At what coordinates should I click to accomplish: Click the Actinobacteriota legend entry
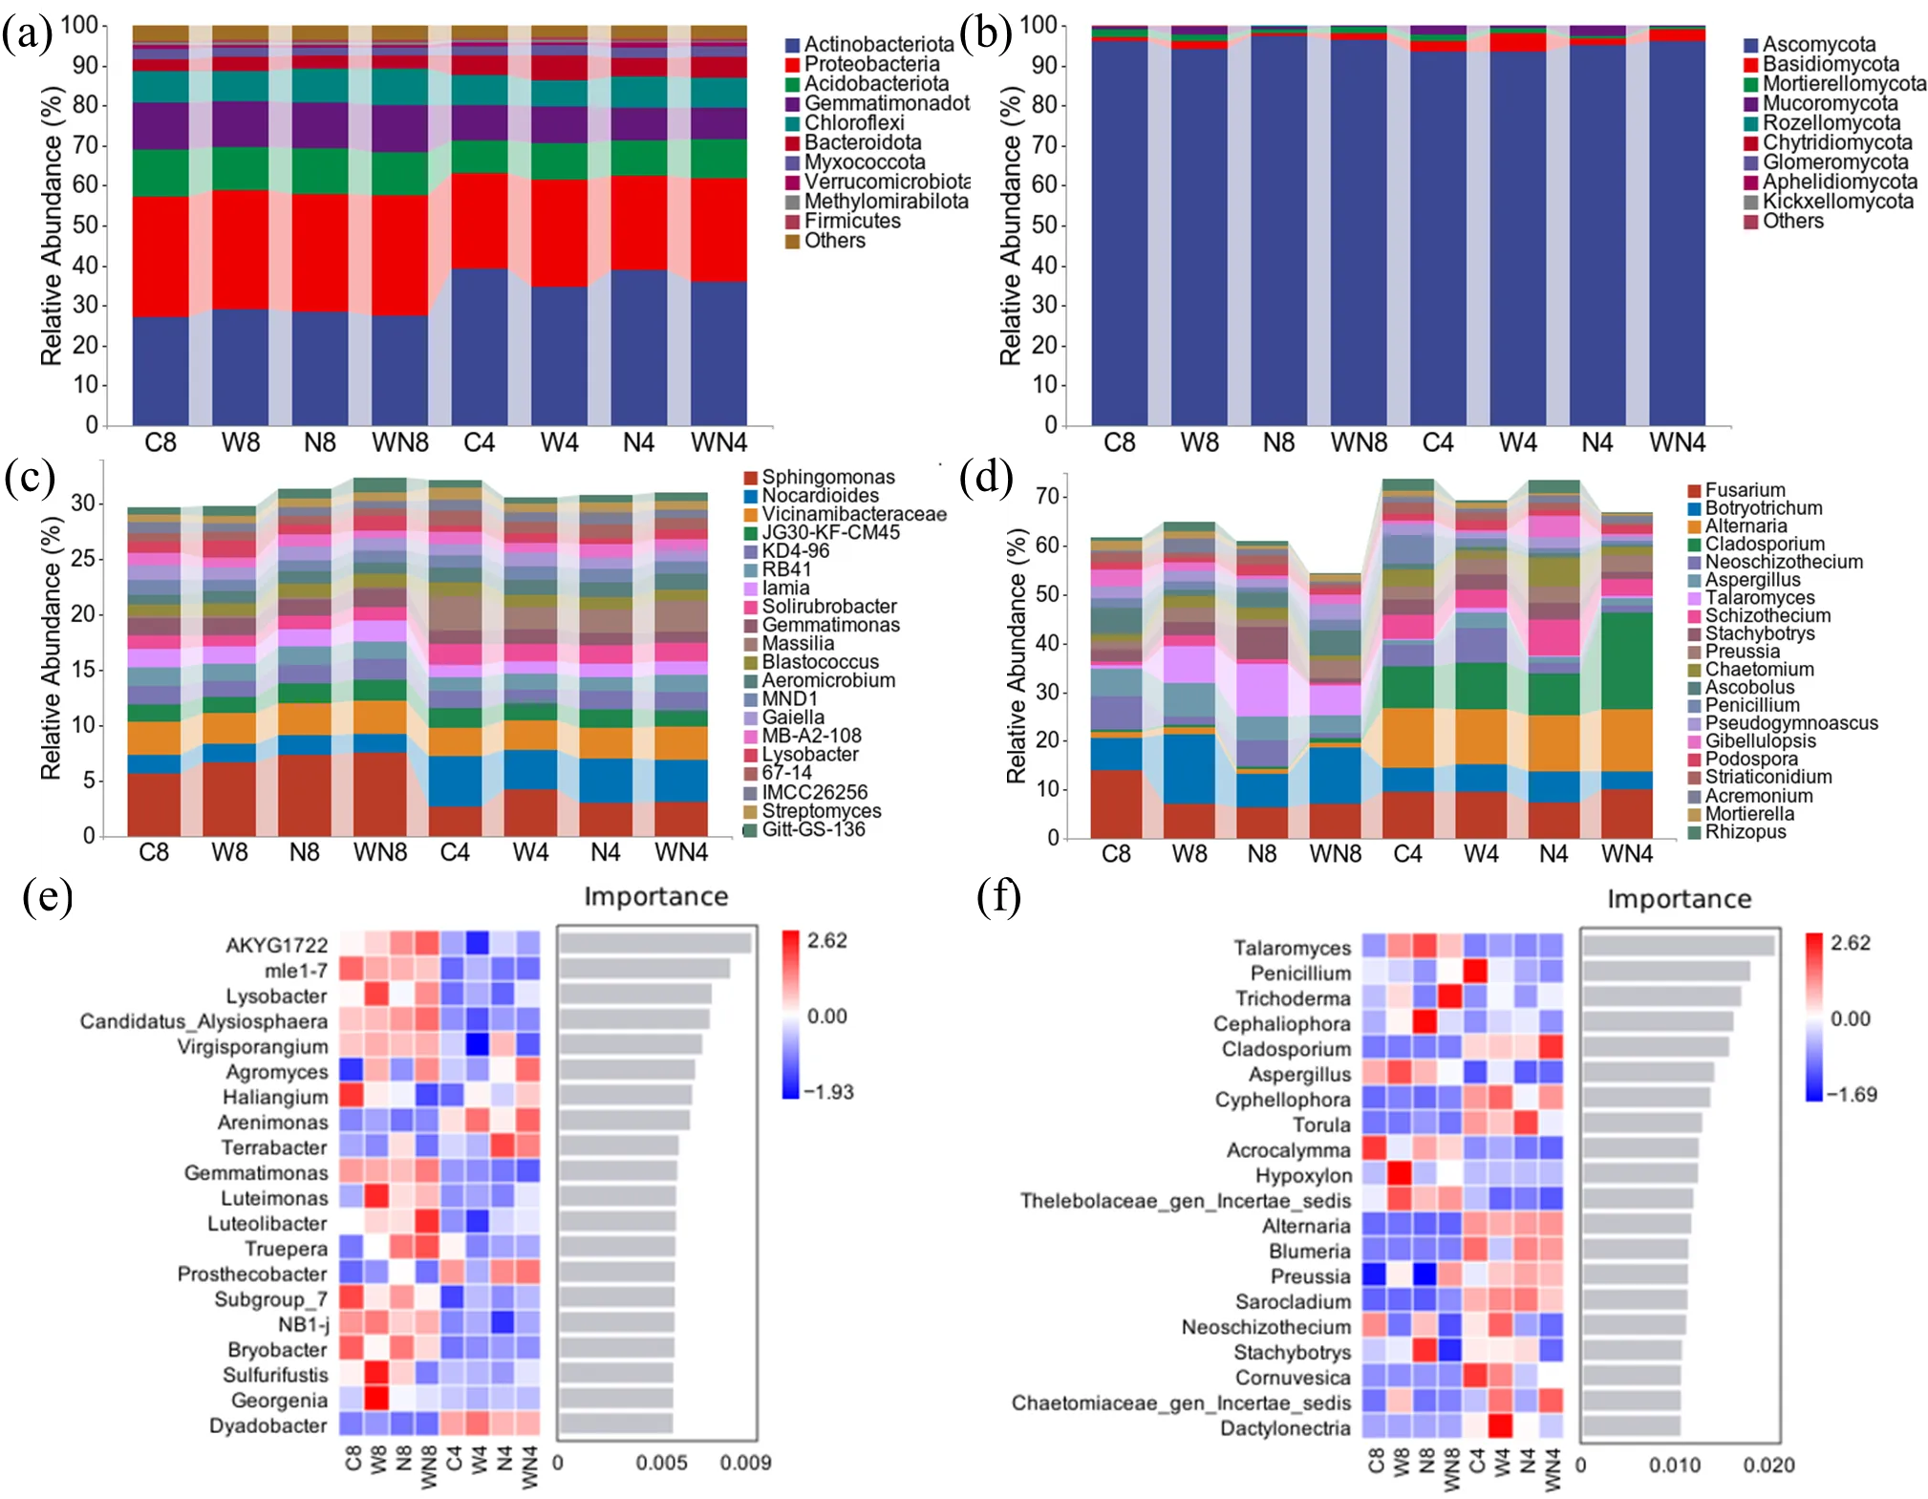tap(878, 44)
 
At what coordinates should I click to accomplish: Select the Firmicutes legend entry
tap(851, 221)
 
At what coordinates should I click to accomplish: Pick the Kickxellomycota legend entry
tap(1837, 202)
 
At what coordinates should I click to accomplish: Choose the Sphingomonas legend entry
tap(827, 477)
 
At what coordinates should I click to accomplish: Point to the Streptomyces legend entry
tap(821, 811)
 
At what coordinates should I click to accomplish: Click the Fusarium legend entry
tap(1745, 490)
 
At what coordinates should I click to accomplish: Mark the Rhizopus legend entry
tap(1745, 832)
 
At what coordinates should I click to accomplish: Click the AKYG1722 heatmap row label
tap(276, 946)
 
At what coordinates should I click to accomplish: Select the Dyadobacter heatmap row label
tap(268, 1425)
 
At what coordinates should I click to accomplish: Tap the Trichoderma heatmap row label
tap(1293, 998)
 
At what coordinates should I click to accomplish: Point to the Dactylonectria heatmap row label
tap(1285, 1428)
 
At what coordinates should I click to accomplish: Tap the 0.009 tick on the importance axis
tap(746, 1463)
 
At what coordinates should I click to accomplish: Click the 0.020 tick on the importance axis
tap(1768, 1465)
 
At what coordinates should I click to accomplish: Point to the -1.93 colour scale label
tap(828, 1092)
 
